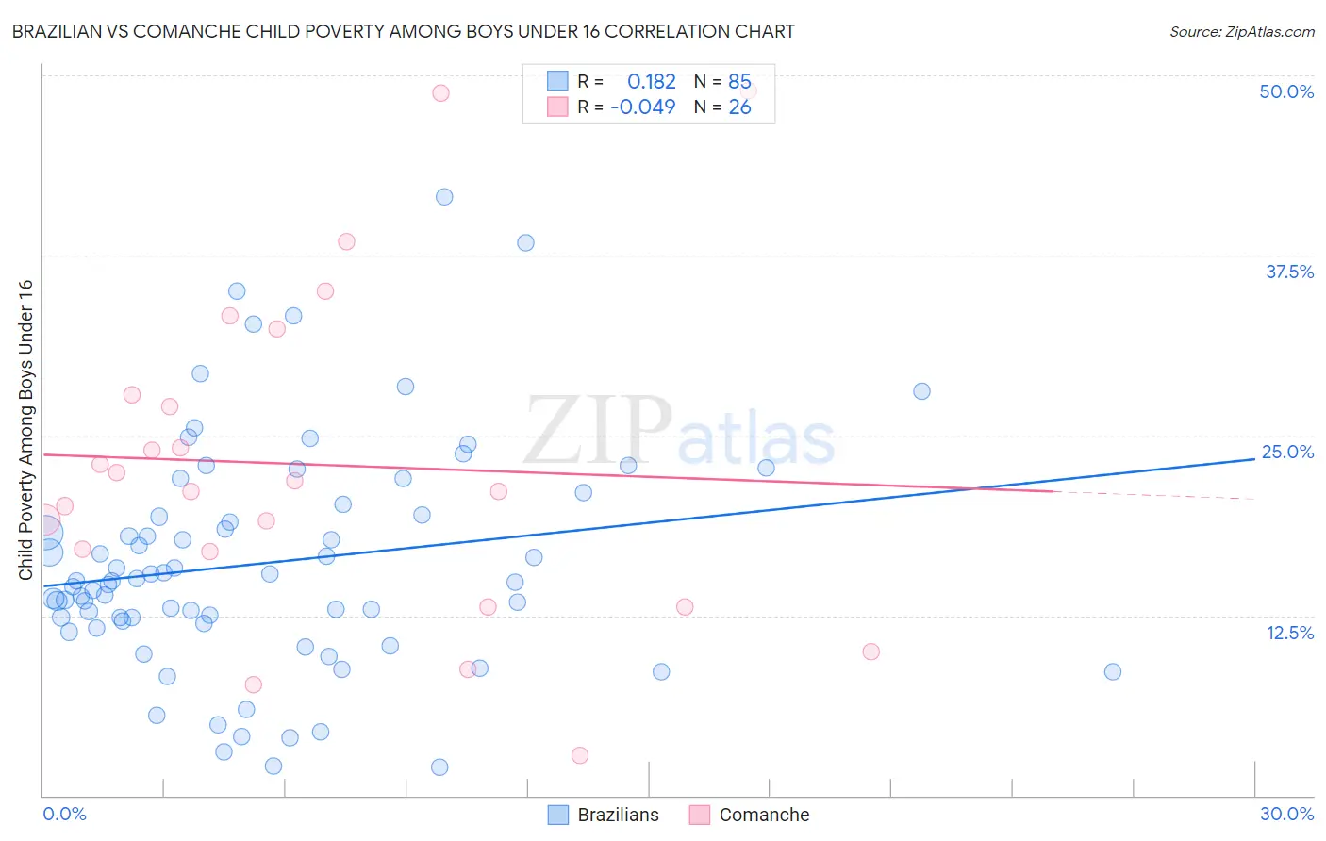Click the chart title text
[404, 31]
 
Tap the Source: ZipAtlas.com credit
[1241, 31]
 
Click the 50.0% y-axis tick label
[1286, 91]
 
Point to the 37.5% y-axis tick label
[1289, 272]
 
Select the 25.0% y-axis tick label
[1287, 452]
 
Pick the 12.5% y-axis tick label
[1289, 633]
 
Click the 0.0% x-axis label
[64, 814]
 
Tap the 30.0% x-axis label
[1286, 814]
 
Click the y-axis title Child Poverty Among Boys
[25, 430]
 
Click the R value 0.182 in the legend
[651, 81]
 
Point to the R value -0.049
[643, 107]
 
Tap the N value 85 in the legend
[739, 81]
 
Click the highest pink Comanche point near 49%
[440, 92]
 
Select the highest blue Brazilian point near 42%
[444, 197]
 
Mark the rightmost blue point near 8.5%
[1113, 671]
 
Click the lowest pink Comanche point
[580, 755]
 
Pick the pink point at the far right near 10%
[871, 651]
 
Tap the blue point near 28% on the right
[921, 391]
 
